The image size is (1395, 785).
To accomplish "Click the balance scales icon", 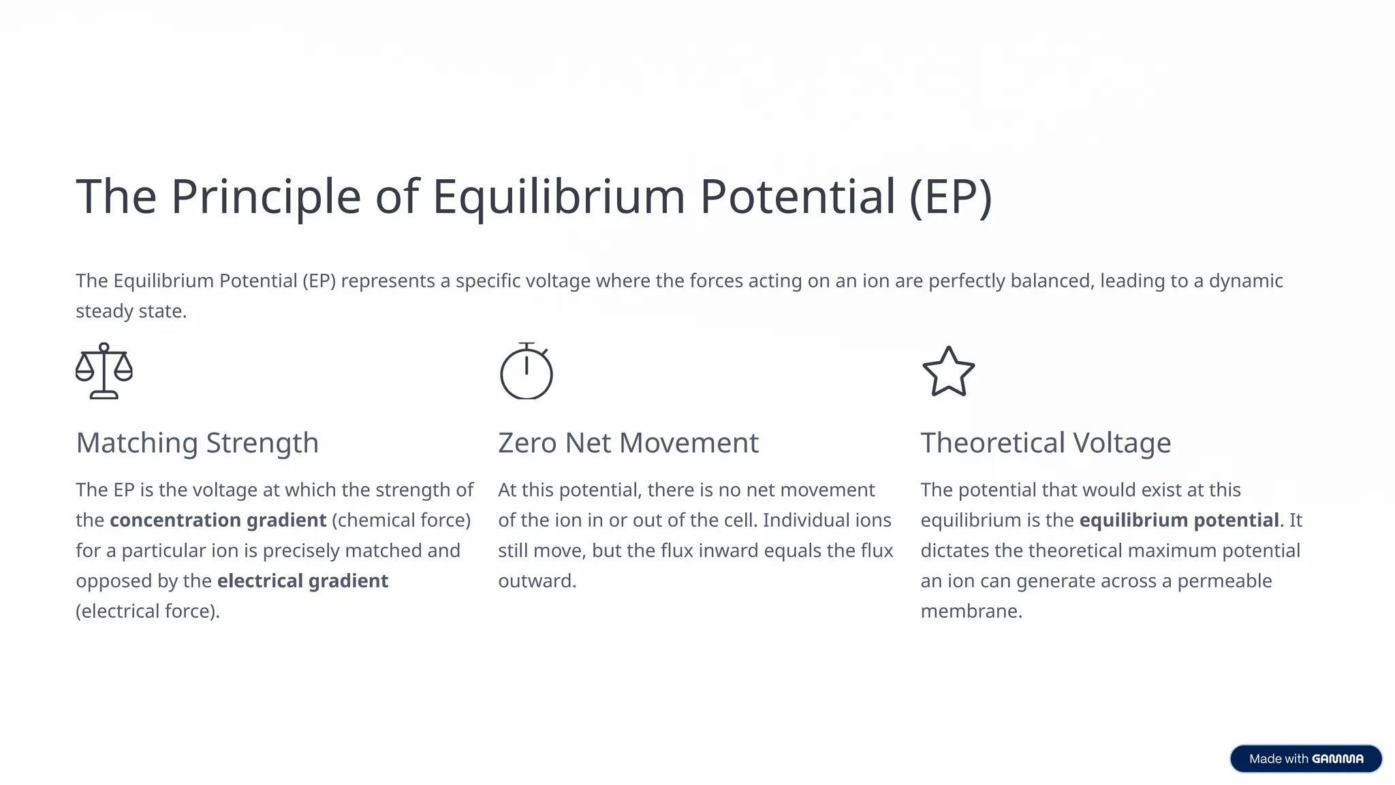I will [x=104, y=371].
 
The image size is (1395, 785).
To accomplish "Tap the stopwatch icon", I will [x=526, y=371].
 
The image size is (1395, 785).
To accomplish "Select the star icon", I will [x=948, y=372].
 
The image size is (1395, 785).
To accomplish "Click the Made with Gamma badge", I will [x=1305, y=758].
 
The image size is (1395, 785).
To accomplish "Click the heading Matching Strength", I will [x=197, y=443].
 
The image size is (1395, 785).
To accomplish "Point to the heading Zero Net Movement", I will [x=627, y=443].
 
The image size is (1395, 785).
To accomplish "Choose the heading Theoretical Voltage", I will [x=1045, y=443].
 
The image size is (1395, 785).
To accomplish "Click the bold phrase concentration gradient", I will [x=218, y=520].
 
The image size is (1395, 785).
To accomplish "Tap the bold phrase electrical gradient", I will [x=302, y=581].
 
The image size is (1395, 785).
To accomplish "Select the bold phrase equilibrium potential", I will [x=1178, y=520].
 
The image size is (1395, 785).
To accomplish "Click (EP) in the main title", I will [x=950, y=197].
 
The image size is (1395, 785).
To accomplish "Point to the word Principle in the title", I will [x=266, y=197].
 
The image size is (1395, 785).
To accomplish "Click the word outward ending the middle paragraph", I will [x=536, y=581].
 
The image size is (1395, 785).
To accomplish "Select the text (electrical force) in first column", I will [x=147, y=611].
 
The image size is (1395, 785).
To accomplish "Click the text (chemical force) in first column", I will [x=401, y=520].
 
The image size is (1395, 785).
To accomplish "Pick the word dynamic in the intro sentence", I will [x=1245, y=281].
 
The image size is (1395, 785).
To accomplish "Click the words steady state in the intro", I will [x=130, y=311].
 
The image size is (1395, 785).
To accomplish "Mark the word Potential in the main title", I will [x=797, y=197].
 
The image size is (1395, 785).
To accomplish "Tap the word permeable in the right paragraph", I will [x=1224, y=581].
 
